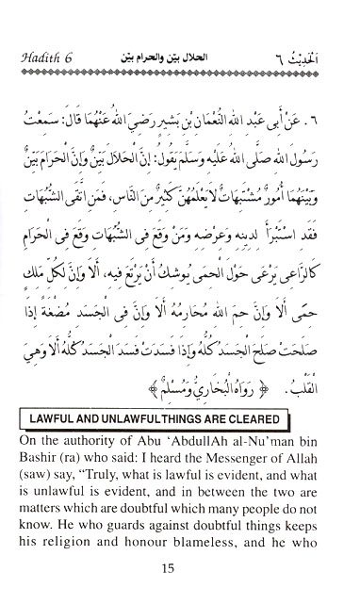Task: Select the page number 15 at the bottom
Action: coord(179,568)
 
